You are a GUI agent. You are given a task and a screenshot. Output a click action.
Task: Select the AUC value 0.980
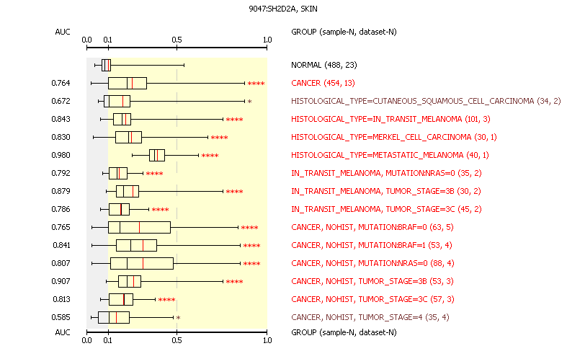click(x=61, y=155)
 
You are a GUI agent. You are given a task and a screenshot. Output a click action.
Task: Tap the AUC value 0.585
click(x=61, y=317)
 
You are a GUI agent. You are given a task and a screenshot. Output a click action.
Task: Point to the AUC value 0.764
click(x=61, y=83)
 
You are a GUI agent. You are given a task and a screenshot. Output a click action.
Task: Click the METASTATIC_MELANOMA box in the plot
click(x=156, y=155)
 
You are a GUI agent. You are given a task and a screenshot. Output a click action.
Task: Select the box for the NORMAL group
click(x=106, y=65)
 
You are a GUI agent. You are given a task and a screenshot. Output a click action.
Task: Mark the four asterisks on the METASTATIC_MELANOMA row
click(x=210, y=156)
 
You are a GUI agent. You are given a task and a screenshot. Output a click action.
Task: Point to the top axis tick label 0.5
click(x=177, y=40)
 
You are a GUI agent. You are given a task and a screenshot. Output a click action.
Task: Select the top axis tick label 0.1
click(x=107, y=40)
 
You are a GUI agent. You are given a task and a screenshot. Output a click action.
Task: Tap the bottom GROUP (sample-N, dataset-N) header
click(x=343, y=332)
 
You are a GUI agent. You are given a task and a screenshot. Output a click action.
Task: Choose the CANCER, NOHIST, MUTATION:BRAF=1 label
click(x=371, y=245)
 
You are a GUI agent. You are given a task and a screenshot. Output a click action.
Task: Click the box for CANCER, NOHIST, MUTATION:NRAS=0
click(x=142, y=263)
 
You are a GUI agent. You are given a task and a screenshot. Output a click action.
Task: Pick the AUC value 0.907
click(x=61, y=281)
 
